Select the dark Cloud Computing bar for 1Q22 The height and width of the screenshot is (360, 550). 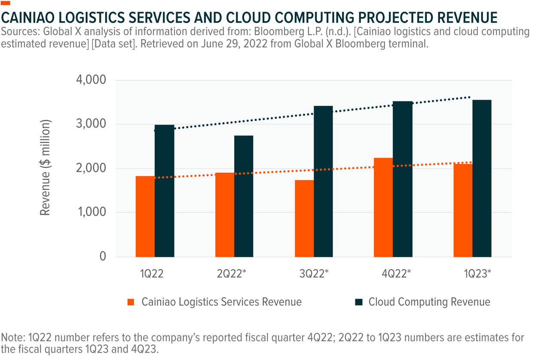(x=164, y=191)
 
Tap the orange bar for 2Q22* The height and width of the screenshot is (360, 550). (x=225, y=214)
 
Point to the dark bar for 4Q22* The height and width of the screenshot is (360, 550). (x=403, y=179)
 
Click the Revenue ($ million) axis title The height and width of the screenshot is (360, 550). (x=46, y=168)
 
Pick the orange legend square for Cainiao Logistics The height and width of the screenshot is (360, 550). (x=131, y=302)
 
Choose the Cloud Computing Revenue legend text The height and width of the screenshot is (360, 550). (x=429, y=302)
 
